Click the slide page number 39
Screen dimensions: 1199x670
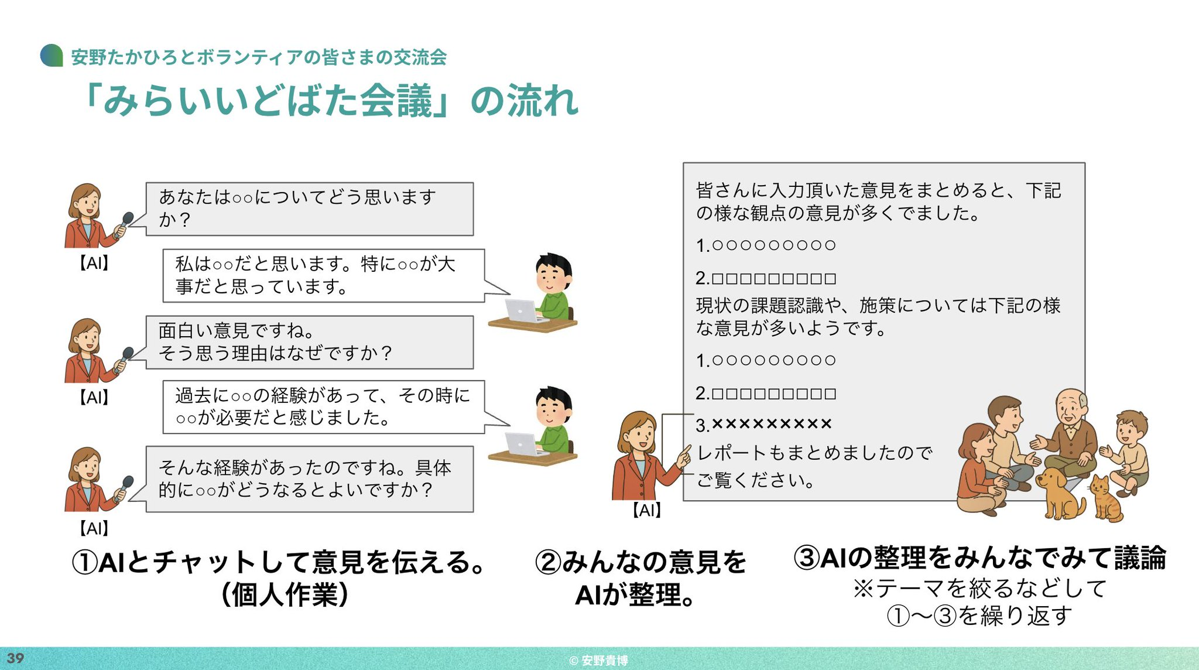pos(15,658)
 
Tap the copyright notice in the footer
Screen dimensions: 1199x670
pos(598,661)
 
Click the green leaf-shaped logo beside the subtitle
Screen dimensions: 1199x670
pos(52,56)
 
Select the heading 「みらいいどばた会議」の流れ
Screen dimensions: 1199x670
pos(331,101)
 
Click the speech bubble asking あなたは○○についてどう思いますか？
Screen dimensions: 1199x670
pos(309,209)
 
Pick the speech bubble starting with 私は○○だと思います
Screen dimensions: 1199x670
pos(324,276)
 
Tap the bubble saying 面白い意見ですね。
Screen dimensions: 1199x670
pos(309,343)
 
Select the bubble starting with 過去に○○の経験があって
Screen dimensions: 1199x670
pos(324,407)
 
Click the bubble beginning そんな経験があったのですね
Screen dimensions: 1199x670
pos(309,479)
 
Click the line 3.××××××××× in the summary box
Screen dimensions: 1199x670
pos(763,424)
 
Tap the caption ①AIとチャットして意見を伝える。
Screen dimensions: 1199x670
pos(279,562)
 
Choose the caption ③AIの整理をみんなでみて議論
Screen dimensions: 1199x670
pos(979,558)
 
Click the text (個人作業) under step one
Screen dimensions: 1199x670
pos(285,595)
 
